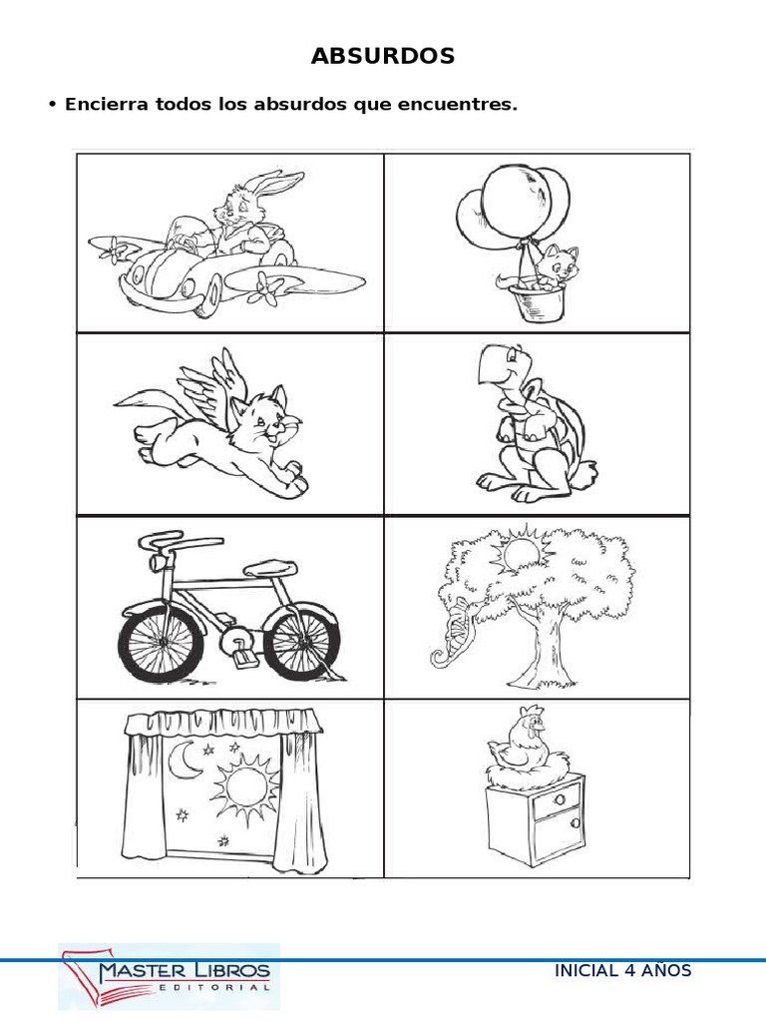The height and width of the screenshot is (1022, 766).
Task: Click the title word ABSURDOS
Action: click(383, 57)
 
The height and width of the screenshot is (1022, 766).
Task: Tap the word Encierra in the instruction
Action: click(105, 105)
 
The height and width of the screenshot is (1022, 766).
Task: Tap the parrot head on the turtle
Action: click(496, 368)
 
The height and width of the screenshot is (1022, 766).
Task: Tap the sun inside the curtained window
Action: click(238, 788)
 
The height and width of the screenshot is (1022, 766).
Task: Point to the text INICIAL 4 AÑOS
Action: click(622, 971)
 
